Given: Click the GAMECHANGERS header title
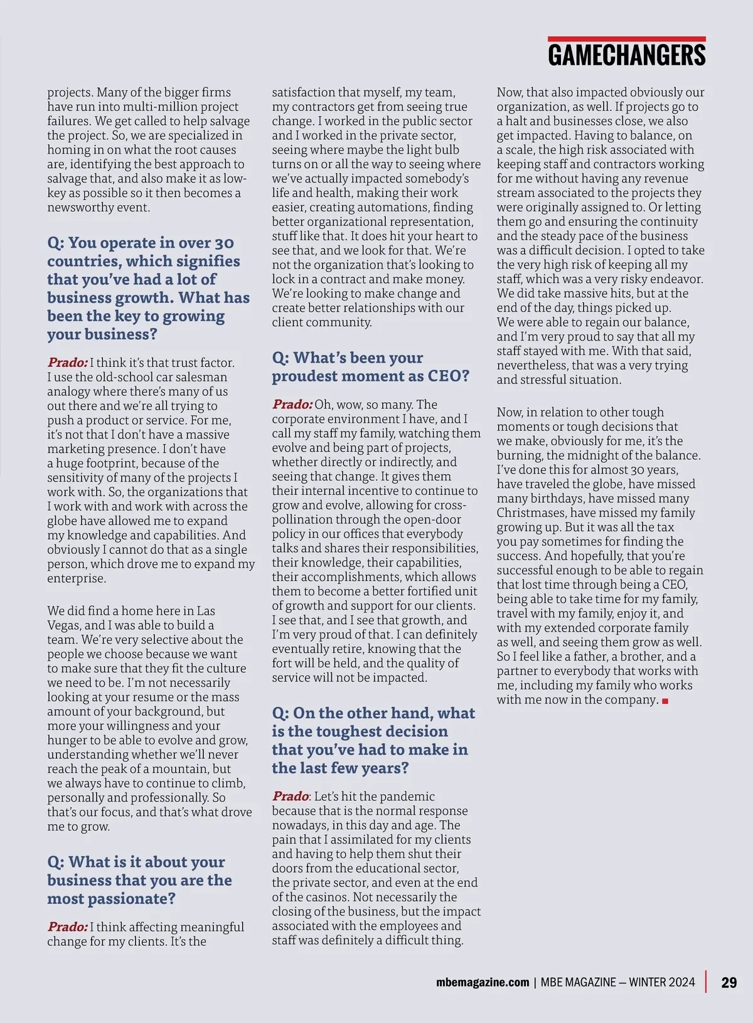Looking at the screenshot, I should [626, 55].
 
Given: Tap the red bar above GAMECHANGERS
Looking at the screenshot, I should [626, 39].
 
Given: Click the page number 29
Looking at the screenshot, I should [729, 982].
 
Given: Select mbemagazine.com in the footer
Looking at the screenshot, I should [483, 982].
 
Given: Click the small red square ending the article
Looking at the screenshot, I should [665, 701].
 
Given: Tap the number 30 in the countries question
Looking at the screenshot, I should [224, 243].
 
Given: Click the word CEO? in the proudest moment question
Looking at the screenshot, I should [448, 376].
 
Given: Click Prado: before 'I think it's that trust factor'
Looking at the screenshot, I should [67, 363].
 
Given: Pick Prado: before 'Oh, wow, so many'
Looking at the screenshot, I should [292, 405].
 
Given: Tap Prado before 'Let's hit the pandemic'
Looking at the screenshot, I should [290, 797].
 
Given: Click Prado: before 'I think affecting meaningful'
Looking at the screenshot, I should [67, 927].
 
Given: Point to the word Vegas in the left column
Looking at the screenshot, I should [64, 625].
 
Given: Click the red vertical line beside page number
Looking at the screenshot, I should [707, 982].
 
